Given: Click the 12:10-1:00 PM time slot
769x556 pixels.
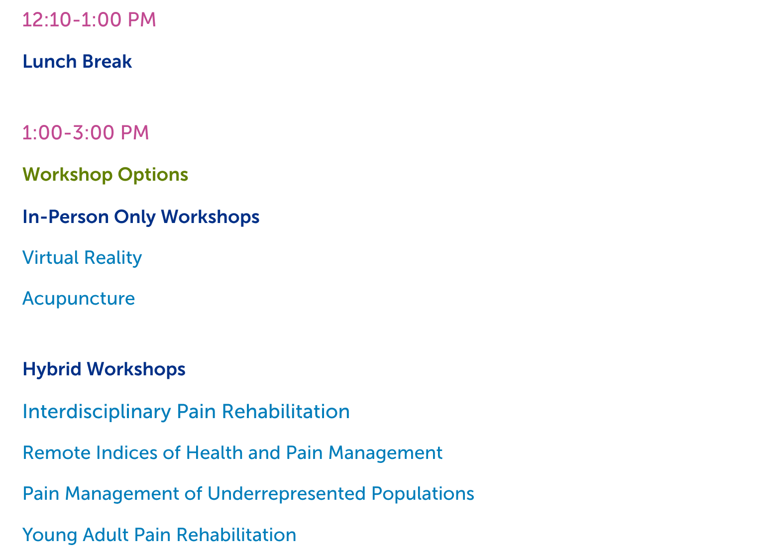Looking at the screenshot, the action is [x=89, y=19].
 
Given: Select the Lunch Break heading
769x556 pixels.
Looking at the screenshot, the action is [x=77, y=62].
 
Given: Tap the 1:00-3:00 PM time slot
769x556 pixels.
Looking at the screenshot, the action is [x=86, y=132].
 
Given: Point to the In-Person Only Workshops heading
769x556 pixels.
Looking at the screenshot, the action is [x=141, y=218].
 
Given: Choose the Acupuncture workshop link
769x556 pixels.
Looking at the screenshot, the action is [x=79, y=299].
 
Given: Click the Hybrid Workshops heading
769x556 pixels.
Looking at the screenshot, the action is [x=104, y=370].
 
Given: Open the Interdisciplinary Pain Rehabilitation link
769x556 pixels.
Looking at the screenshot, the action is [x=187, y=412].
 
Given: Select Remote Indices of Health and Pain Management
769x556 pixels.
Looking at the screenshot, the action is [x=233, y=453].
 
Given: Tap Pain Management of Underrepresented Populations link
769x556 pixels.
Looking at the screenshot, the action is [x=248, y=494].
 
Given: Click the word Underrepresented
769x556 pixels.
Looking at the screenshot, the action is [x=287, y=494].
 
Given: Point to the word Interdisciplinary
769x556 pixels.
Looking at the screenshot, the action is [x=97, y=412].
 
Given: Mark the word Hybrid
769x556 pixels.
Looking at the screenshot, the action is [x=52, y=370].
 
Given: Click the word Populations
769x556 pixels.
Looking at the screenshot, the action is [x=423, y=494].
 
